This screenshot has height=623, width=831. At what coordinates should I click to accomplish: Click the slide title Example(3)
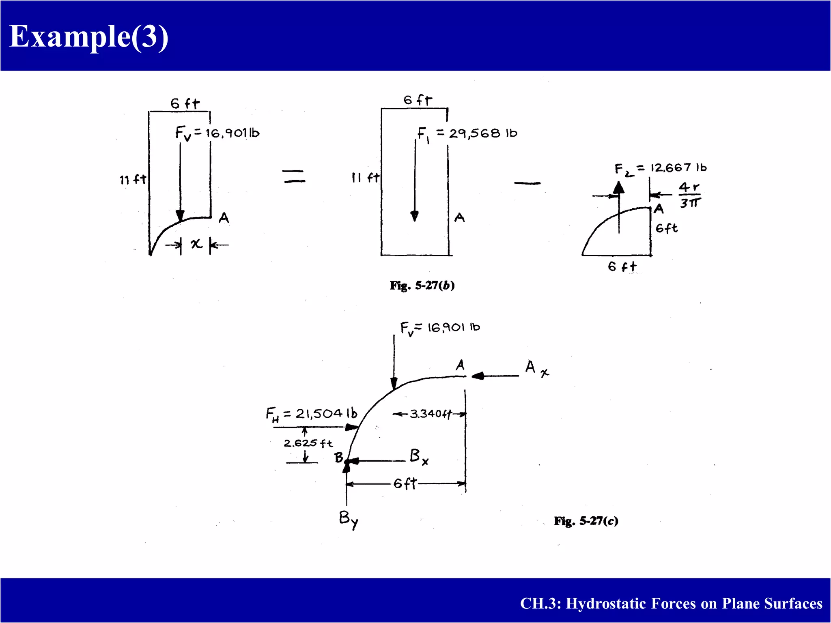click(88, 37)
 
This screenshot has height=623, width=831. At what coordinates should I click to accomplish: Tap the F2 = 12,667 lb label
click(660, 168)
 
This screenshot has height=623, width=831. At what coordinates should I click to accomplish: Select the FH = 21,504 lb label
click(312, 414)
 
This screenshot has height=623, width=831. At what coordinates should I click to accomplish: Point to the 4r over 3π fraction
click(690, 195)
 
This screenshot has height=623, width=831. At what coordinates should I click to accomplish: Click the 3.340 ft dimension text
click(430, 414)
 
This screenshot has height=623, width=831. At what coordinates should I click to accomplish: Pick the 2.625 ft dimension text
click(308, 443)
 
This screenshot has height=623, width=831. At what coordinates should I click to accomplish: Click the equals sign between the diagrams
click(294, 176)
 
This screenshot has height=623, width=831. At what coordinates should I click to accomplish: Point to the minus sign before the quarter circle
click(527, 183)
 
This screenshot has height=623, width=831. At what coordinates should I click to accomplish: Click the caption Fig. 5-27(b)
click(422, 286)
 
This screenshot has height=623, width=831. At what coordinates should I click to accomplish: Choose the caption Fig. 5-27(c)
click(586, 521)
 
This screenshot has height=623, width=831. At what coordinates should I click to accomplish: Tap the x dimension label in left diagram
click(196, 244)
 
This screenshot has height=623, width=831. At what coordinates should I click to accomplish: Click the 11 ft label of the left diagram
click(133, 179)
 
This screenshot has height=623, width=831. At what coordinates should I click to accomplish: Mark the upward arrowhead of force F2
click(618, 187)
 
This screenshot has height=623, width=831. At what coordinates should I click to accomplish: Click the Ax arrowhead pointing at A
click(478, 376)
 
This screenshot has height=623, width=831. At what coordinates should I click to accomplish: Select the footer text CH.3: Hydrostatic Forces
click(671, 604)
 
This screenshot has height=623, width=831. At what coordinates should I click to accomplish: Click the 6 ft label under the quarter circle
click(622, 266)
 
